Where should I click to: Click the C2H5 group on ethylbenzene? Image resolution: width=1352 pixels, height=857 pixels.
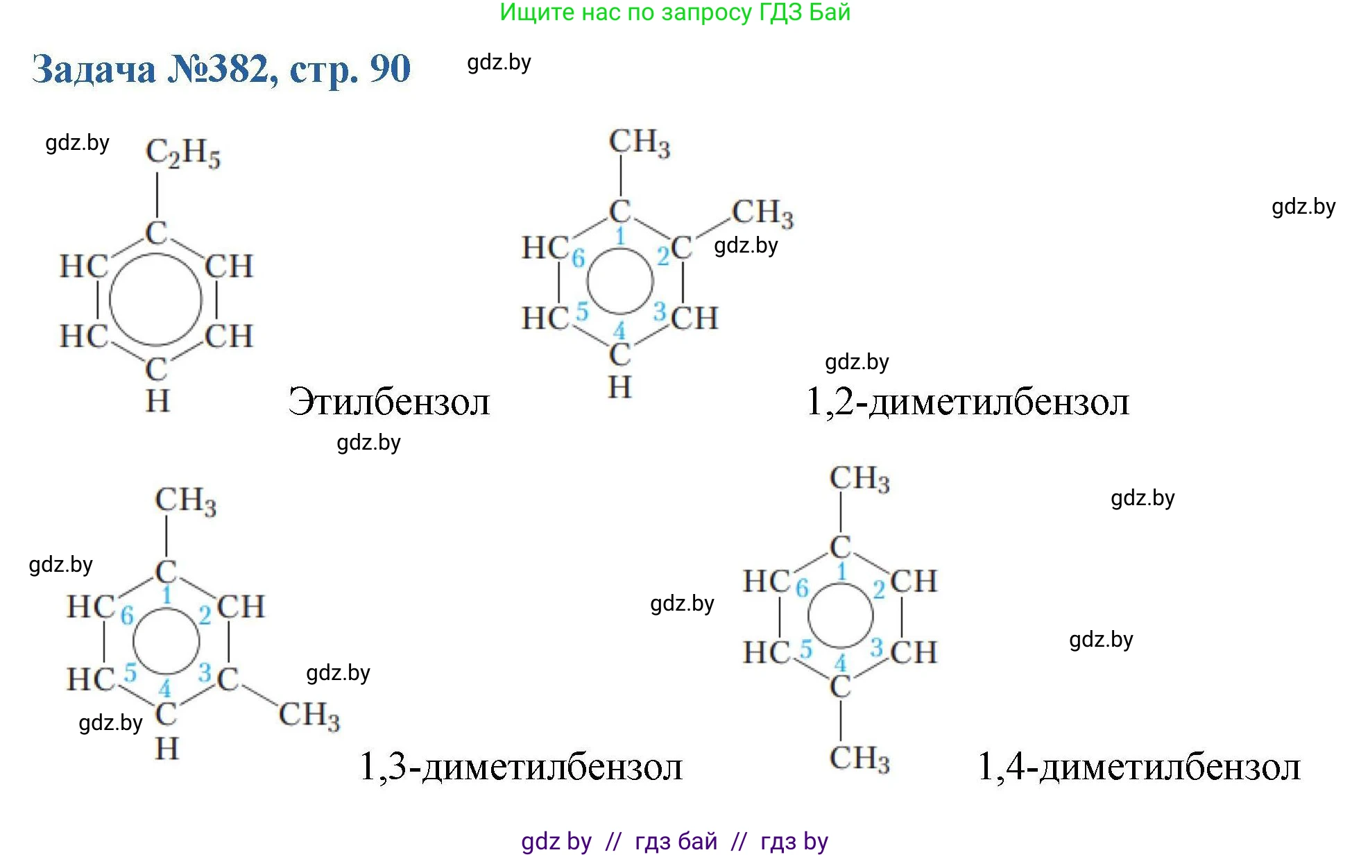[183, 153]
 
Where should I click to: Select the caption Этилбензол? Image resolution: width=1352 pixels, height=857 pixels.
[389, 402]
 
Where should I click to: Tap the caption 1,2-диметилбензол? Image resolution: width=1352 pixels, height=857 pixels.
[968, 402]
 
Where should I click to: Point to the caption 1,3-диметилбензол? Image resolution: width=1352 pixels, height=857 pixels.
[521, 767]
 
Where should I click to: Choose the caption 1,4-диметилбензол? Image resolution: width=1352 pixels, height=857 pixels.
[1138, 767]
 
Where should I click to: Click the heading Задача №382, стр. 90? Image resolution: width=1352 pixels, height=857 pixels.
[221, 69]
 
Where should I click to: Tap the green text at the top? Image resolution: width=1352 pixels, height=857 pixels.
[675, 12]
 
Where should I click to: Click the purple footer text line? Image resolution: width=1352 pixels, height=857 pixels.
[675, 841]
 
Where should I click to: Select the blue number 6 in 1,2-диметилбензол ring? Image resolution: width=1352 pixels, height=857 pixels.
[579, 258]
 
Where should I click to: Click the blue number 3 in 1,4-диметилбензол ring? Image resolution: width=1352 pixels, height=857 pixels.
[876, 647]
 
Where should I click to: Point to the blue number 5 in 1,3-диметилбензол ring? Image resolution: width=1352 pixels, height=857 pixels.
[130, 672]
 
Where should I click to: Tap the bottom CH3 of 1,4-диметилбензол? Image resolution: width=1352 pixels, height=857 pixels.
[859, 758]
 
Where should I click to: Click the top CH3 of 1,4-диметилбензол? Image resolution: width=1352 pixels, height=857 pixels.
[859, 479]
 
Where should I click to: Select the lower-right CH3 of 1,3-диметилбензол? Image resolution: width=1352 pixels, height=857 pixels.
[309, 715]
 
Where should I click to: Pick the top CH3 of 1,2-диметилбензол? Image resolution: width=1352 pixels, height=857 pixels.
[640, 142]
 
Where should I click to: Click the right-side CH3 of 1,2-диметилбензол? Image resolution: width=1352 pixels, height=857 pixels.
[762, 212]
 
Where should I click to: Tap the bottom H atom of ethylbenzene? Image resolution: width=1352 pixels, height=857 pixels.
[157, 401]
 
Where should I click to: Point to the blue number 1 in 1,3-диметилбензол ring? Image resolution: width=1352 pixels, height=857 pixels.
[166, 595]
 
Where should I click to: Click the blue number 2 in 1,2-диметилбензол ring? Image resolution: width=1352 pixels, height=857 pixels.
[663, 257]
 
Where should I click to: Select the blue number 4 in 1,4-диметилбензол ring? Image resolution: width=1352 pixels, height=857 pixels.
[841, 663]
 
